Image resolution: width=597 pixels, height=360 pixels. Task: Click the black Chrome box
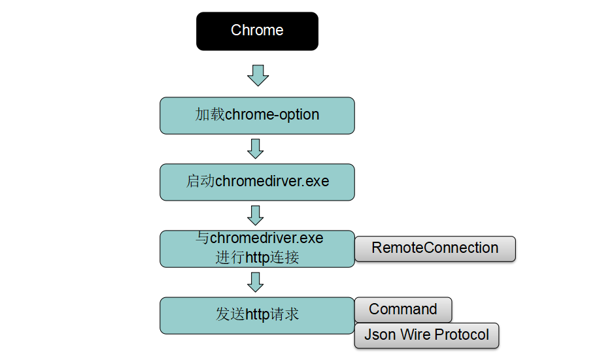tap(257, 31)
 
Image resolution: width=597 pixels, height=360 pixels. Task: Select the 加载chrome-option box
tap(257, 115)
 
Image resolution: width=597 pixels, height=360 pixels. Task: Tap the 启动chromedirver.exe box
tap(257, 181)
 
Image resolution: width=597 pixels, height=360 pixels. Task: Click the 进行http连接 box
tap(257, 248)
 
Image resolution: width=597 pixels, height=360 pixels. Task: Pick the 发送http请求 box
tap(257, 315)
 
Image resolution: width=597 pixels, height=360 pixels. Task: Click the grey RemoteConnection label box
tap(435, 248)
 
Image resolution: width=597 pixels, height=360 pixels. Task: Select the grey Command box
tap(403, 309)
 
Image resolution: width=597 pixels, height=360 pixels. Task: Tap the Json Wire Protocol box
tap(426, 335)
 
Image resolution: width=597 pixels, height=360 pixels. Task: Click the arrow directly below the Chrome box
tap(258, 74)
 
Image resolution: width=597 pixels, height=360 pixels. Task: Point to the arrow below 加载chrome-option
tap(256, 148)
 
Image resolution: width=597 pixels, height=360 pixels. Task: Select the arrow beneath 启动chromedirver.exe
tap(256, 215)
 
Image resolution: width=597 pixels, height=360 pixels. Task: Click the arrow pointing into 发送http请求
tap(256, 282)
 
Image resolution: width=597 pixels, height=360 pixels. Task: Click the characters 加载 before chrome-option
tap(209, 115)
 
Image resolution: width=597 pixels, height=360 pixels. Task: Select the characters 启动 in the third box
tap(201, 181)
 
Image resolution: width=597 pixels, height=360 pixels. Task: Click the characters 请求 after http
tap(285, 314)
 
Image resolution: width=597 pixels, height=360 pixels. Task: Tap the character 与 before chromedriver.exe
tap(203, 238)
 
